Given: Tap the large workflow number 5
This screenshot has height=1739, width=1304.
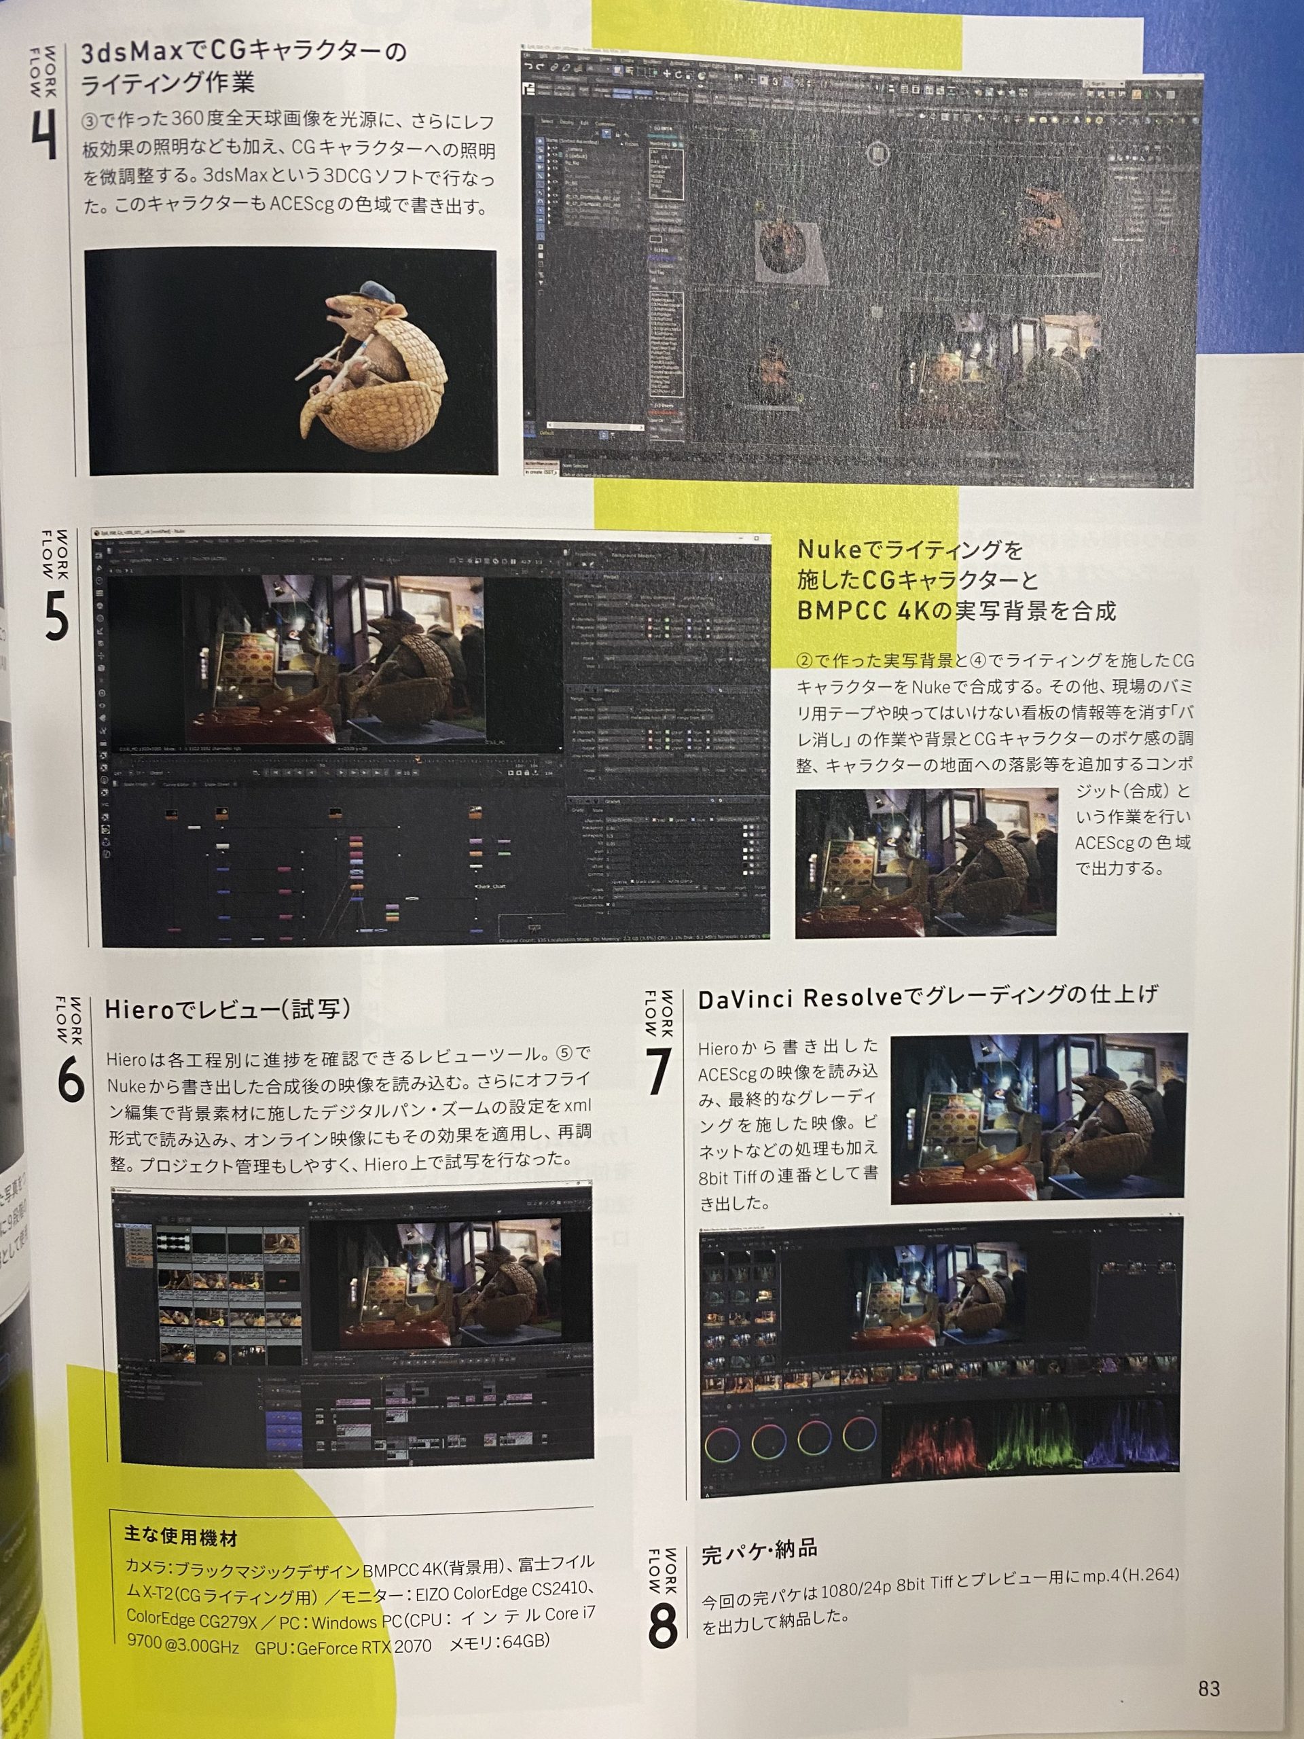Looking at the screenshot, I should click(56, 615).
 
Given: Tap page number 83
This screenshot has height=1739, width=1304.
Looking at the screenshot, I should click(1209, 1689).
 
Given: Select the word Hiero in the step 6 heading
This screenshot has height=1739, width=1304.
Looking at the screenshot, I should click(138, 1010).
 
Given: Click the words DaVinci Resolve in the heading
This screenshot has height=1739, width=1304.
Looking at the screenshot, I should click(800, 999).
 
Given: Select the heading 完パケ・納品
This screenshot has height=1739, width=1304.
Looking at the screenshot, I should click(759, 1550).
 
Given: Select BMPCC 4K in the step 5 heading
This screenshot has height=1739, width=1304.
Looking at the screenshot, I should click(863, 611).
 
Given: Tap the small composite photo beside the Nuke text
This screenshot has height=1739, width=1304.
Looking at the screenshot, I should click(925, 863).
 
